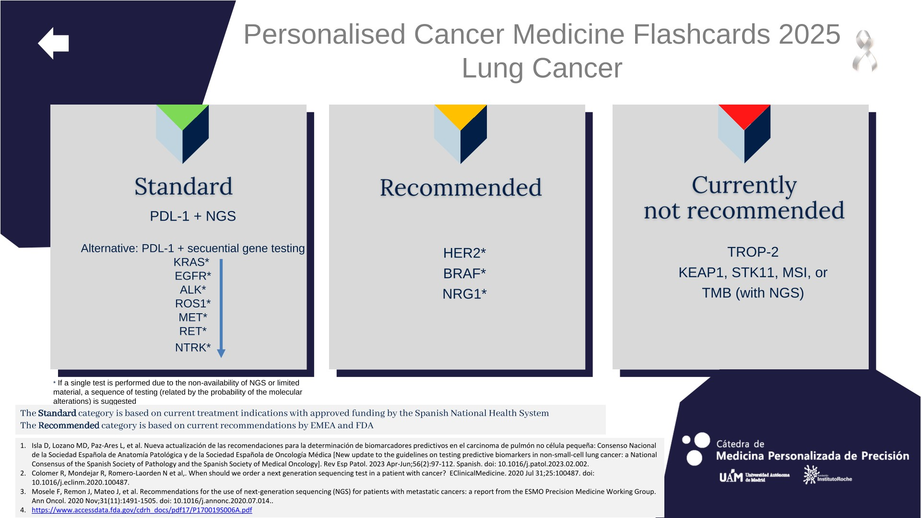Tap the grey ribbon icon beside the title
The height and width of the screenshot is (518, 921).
(865, 51)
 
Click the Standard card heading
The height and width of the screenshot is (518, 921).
(183, 187)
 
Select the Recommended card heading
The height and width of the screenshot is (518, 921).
(460, 188)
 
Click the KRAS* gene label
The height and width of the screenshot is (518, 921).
(191, 262)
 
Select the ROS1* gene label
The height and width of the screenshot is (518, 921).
(193, 304)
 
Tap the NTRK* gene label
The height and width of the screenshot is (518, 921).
(193, 347)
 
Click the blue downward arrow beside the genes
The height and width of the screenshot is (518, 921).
(221, 308)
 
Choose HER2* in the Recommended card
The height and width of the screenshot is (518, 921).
(464, 253)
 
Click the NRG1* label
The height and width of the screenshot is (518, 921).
(464, 294)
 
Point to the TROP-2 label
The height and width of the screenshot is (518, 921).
(753, 252)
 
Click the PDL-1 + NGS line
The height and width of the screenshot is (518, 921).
(193, 216)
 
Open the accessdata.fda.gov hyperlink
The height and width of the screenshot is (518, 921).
(142, 510)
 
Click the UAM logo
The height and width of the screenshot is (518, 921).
(754, 477)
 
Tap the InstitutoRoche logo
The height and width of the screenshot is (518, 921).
(828, 475)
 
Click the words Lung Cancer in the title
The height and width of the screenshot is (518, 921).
(542, 68)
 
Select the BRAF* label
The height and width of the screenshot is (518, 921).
(464, 273)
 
